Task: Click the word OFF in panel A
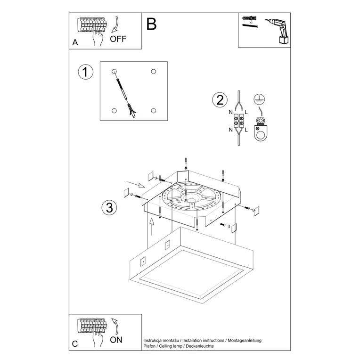(118, 39)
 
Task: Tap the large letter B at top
(151, 24)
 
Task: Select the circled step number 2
(219, 100)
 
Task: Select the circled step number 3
(109, 208)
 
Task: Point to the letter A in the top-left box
(75, 43)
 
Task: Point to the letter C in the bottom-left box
(75, 344)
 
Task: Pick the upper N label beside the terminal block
(230, 113)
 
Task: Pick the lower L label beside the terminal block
(246, 129)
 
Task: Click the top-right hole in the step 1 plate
(153, 72)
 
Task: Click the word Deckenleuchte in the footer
(200, 346)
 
